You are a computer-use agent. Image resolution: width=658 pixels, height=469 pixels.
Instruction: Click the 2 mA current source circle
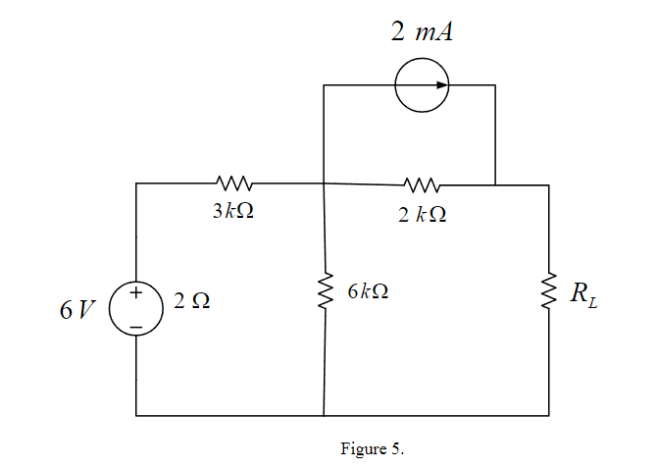423,85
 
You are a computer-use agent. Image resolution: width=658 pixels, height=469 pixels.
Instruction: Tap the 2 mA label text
422,31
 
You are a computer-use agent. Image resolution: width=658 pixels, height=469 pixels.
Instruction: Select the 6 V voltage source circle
136,308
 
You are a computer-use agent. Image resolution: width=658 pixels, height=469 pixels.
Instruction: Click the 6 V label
76,310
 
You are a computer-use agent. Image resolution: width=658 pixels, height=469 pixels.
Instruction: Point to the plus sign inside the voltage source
136,293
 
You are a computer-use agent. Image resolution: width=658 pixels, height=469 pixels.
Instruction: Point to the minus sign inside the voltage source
136,324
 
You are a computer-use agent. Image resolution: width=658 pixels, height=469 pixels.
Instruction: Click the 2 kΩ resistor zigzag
423,183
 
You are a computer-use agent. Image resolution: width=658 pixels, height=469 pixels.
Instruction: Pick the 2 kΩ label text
423,215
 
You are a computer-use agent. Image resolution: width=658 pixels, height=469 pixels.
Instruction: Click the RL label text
584,293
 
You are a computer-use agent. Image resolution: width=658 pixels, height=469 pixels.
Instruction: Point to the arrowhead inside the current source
442,85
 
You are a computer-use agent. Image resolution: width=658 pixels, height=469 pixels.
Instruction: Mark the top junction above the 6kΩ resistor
324,182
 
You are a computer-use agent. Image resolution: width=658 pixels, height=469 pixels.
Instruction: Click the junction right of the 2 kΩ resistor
495,183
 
